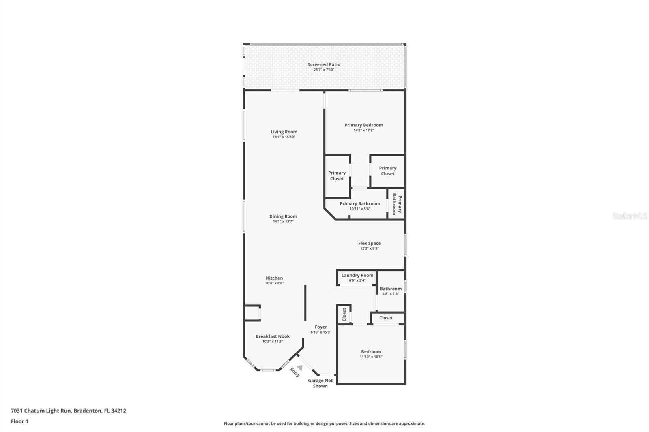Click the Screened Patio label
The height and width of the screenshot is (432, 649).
pos(324,64)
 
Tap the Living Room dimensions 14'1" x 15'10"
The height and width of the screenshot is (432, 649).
pos(284,137)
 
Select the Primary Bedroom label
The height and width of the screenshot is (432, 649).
pos(363,125)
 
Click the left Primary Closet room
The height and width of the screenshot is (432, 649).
pos(337,176)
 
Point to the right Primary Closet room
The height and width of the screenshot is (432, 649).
pos(387,171)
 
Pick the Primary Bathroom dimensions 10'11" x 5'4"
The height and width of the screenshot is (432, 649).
pos(360,209)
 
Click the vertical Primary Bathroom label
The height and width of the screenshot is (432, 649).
pos(397,204)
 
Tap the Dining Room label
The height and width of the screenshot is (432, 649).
pos(283,216)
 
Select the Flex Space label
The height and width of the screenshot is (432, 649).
pos(369,243)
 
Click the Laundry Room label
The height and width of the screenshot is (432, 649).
pos(357,275)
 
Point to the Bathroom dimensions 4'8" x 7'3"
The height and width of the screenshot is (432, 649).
pos(390,294)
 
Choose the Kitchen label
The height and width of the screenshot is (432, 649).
pos(274,278)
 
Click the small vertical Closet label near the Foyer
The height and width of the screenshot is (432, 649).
pos(344,314)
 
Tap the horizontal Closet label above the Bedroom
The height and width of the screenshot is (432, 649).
pos(386,318)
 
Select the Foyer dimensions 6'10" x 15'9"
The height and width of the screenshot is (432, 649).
pos(321,332)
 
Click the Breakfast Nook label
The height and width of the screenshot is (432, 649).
pos(273,336)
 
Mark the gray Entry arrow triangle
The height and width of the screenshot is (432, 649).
pos(299,367)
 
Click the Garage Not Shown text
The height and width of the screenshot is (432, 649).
pos(320,383)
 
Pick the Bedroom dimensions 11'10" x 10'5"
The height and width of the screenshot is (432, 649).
pos(371,357)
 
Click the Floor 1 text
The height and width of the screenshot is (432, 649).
pos(19,421)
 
